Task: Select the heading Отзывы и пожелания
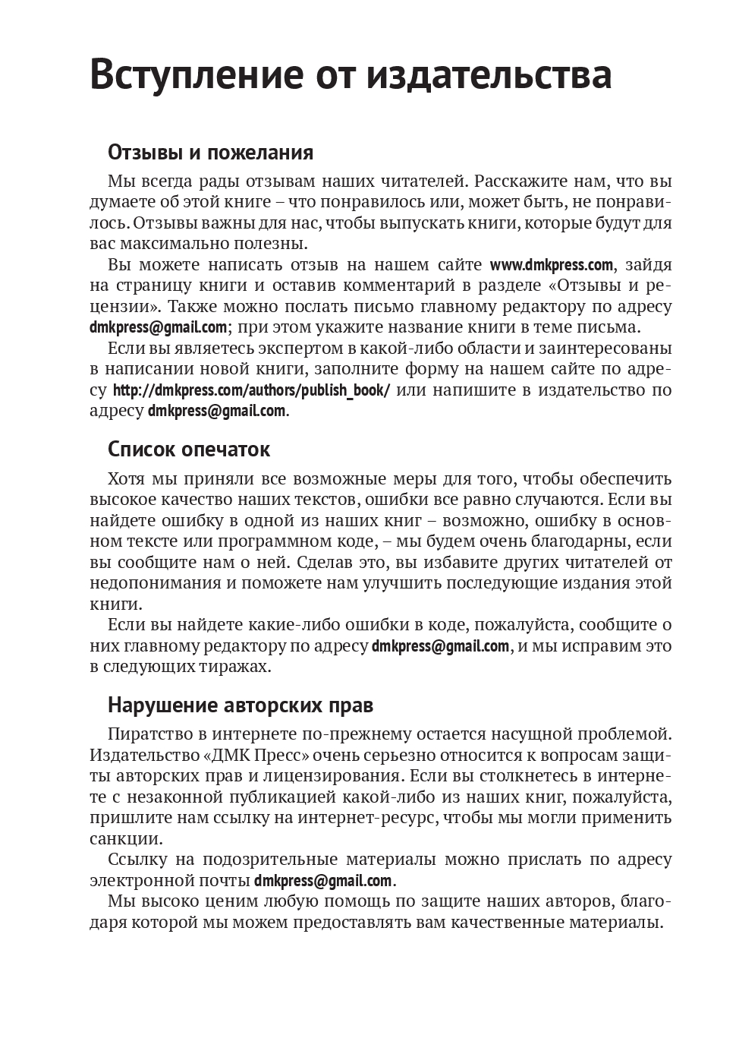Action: pyautogui.click(x=210, y=153)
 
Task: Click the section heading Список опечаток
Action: pyautogui.click(x=189, y=450)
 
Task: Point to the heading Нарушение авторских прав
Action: pyautogui.click(x=241, y=705)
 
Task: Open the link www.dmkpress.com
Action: pyautogui.click(x=551, y=265)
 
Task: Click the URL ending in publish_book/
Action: pyautogui.click(x=251, y=391)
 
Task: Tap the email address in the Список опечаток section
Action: pyautogui.click(x=440, y=646)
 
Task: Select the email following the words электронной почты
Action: pyautogui.click(x=323, y=881)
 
